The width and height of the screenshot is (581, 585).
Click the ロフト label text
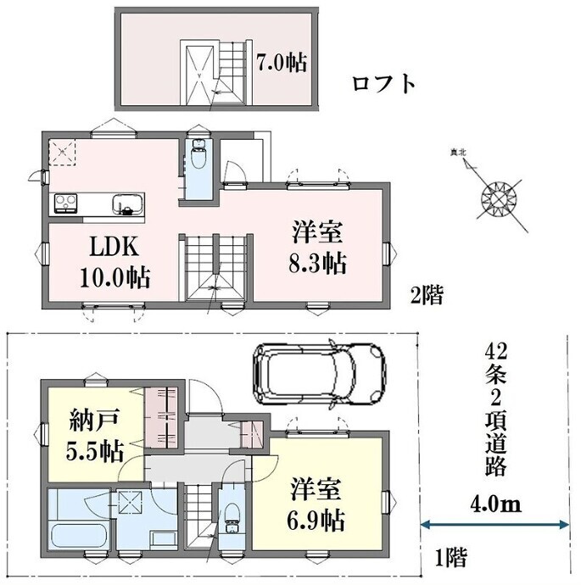click(383, 84)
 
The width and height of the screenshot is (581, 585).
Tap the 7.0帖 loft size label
click(282, 63)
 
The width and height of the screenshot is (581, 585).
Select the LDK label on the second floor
click(115, 247)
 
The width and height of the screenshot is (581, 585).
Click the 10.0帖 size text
click(115, 277)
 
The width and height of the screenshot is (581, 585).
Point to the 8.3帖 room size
click(317, 263)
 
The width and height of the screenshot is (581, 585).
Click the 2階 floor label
click(427, 296)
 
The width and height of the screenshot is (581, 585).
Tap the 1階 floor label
click(451, 557)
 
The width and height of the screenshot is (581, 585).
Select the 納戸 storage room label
click(94, 421)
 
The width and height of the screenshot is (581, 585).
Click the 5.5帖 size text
click(94, 451)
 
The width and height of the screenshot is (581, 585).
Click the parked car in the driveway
click(319, 374)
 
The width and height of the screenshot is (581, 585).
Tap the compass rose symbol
click(499, 199)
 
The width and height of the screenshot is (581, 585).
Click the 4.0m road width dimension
click(494, 504)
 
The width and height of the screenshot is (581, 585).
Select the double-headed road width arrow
click(494, 525)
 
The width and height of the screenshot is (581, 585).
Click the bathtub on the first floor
click(79, 536)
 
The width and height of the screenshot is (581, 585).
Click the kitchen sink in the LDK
click(128, 204)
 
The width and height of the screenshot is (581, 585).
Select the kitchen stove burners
click(66, 203)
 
